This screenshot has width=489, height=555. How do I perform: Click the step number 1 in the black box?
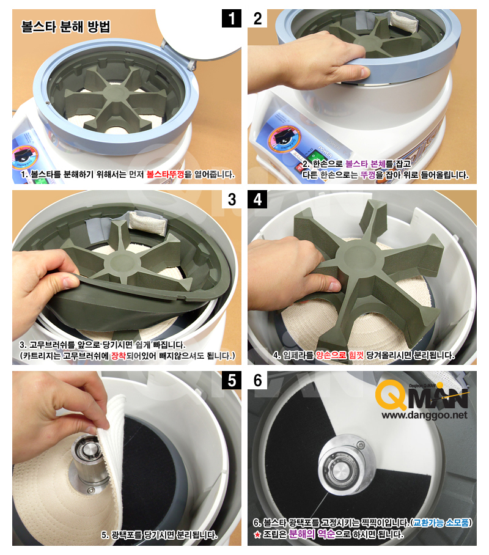pos(232,18)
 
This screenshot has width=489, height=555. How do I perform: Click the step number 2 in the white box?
pos(257,18)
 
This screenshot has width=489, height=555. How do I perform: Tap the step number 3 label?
pos(232,199)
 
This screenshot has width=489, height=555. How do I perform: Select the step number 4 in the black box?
pos(257,199)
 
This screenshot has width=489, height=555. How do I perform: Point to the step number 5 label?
pos(232,381)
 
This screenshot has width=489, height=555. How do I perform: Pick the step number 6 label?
pos(257,381)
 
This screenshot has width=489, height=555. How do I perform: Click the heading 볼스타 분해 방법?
pos(66,27)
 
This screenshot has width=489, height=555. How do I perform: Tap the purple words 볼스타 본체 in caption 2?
pos(365,164)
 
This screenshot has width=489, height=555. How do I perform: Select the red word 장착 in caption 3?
pos(119,355)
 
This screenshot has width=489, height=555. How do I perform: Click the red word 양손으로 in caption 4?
pos(331,355)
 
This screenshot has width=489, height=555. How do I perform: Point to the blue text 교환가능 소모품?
pos(441,523)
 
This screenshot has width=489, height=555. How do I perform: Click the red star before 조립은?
pos(257,534)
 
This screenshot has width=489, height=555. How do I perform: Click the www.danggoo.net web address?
pos(424,415)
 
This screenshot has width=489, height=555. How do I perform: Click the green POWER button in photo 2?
pos(314,156)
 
